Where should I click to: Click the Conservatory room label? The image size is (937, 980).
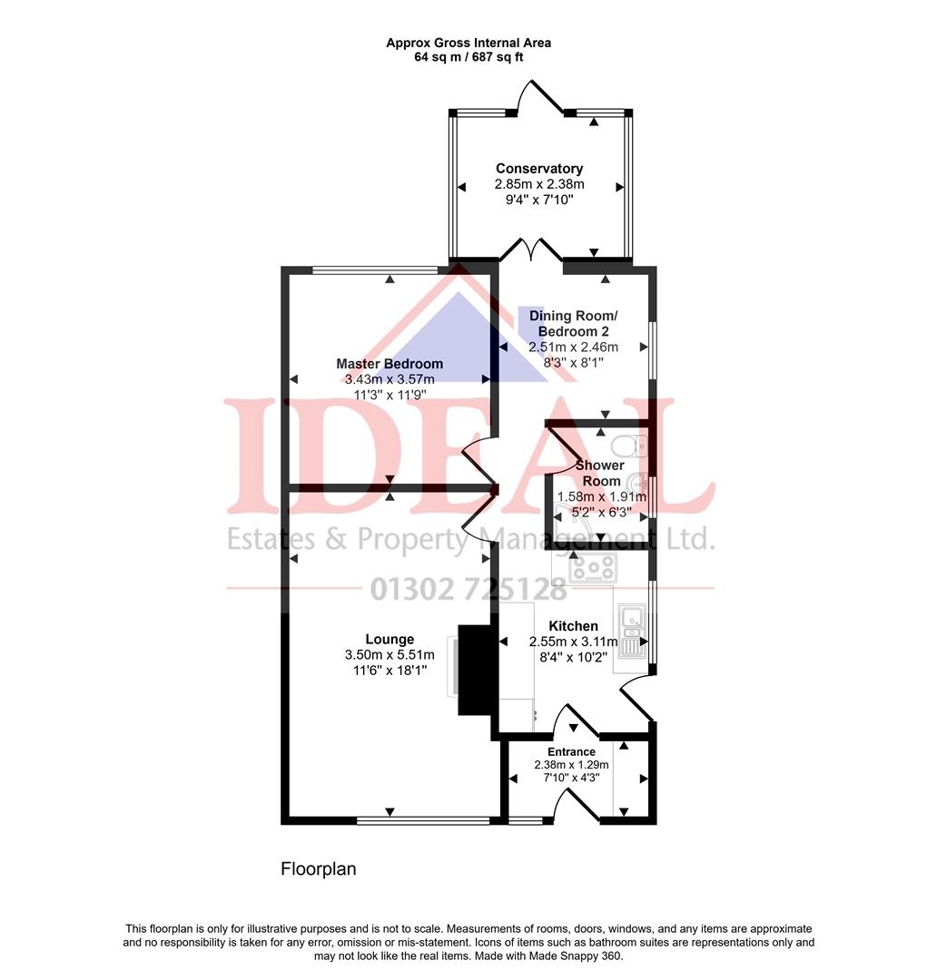[539, 169]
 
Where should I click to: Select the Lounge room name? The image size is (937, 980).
[390, 639]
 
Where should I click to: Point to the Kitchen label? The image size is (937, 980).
[574, 626]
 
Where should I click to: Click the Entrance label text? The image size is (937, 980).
[572, 751]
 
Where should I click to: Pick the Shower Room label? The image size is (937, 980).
[600, 473]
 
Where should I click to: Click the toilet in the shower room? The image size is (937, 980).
[627, 446]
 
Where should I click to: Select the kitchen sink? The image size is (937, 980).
[630, 632]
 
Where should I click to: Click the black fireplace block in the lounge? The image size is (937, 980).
[473, 670]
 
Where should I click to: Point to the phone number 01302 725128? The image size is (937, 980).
[468, 589]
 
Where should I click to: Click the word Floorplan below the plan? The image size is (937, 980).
[319, 869]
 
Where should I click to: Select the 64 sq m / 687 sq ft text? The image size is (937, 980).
[468, 57]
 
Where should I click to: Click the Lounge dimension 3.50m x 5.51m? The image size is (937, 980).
[390, 655]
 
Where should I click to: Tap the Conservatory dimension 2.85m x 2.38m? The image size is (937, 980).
[539, 185]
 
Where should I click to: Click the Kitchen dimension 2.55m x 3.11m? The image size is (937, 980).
[574, 642]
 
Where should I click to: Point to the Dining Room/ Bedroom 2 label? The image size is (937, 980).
[573, 323]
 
